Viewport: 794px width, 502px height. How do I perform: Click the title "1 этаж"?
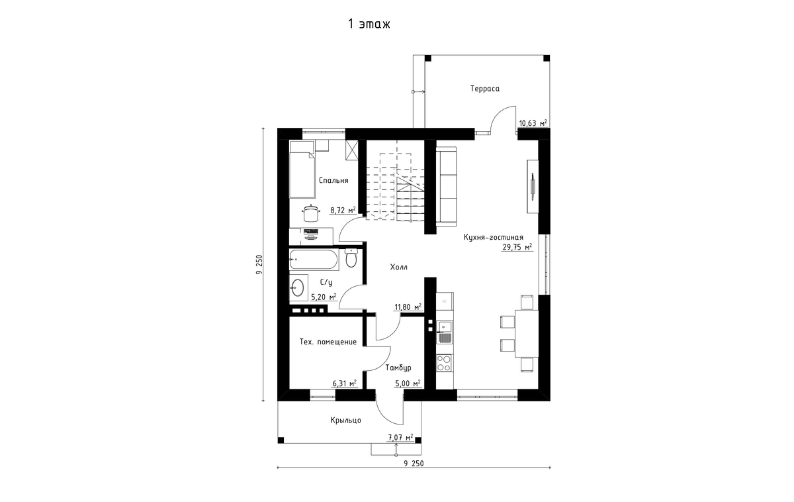369,24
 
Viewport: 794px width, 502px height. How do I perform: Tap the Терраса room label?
485,88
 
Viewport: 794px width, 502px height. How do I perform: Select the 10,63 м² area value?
533,123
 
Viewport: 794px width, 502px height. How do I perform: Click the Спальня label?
333,180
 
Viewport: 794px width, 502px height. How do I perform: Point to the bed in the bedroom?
302,169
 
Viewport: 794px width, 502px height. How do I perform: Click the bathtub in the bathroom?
314,260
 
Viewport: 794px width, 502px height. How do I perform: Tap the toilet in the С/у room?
351,258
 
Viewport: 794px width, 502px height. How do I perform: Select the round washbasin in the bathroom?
297,287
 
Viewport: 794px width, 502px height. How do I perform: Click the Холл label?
399,267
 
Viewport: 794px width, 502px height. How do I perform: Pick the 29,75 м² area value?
517,247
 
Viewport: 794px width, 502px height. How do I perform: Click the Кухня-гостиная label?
494,237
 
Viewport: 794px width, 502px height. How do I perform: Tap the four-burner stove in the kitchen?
444,362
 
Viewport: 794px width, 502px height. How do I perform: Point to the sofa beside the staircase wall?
447,186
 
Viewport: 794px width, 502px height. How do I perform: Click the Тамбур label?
398,368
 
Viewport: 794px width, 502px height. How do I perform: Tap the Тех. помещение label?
328,342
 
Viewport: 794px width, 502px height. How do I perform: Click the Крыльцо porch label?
346,421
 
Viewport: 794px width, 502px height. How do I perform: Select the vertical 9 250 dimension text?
259,264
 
